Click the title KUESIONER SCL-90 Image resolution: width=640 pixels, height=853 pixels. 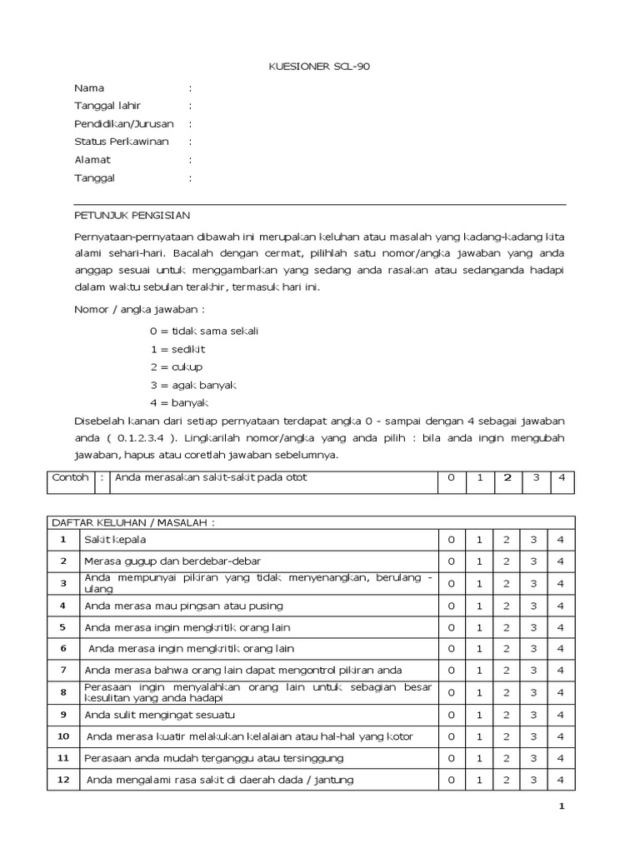[x=320, y=67]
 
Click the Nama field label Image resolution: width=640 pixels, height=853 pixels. [x=89, y=88]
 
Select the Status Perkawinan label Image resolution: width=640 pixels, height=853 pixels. [x=121, y=142]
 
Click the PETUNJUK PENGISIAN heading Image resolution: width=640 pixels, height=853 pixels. [x=132, y=214]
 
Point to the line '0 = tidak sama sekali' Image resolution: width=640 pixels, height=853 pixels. [x=204, y=331]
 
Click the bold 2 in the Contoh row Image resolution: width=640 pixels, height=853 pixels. [x=507, y=477]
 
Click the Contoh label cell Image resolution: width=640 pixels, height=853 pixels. [x=70, y=477]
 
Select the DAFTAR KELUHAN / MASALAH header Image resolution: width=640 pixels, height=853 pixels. [x=133, y=521]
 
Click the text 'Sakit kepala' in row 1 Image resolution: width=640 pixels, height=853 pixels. [x=115, y=541]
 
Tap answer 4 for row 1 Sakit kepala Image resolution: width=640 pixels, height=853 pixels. [x=561, y=541]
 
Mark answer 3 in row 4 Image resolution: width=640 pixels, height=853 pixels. [x=533, y=606]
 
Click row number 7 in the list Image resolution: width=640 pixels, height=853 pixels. [x=62, y=670]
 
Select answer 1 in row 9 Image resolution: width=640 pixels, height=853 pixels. [x=479, y=714]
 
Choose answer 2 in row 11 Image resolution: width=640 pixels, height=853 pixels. [x=507, y=758]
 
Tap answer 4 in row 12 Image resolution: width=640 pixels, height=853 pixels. [x=561, y=780]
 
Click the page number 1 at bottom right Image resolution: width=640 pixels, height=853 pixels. [x=561, y=806]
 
